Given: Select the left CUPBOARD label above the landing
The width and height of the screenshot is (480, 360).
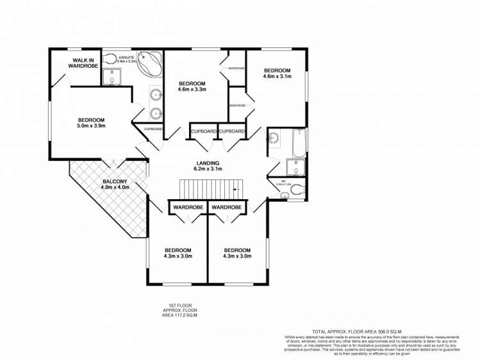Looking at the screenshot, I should tap(203, 131).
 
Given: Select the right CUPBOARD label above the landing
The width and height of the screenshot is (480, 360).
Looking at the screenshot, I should tap(232, 131).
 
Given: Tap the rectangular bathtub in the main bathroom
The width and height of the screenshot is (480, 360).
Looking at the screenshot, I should tap(299, 143).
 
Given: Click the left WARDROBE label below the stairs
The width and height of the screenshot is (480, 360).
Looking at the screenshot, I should tap(187, 208).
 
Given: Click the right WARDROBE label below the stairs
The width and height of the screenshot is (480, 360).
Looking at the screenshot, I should tap(226, 208).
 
